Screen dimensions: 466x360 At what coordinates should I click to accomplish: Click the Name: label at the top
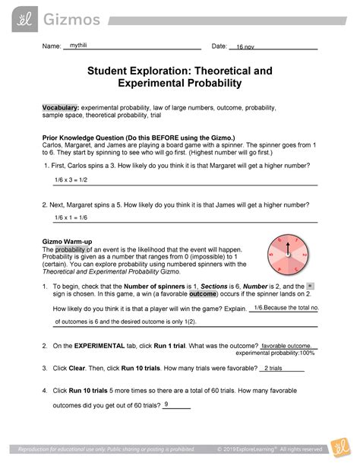pos(51,47)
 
